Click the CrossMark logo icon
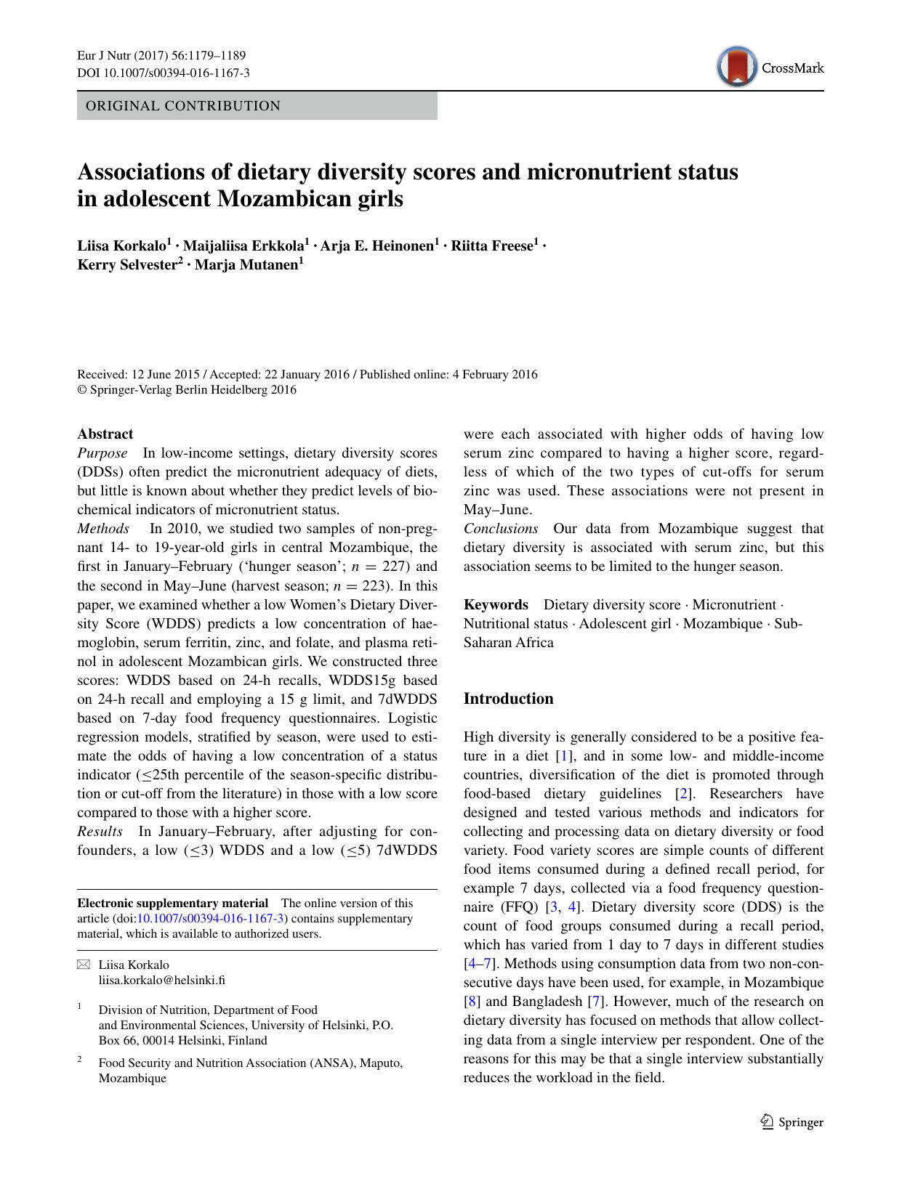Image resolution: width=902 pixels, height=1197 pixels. [x=736, y=67]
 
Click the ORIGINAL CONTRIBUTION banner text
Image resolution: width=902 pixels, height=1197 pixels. [x=183, y=106]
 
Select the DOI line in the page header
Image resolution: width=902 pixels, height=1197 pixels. [x=164, y=73]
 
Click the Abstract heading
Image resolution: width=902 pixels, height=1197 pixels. [x=105, y=434]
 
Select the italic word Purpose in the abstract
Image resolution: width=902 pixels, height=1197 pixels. [x=102, y=453]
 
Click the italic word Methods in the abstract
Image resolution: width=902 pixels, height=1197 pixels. [x=103, y=529]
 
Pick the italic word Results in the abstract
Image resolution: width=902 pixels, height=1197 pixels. [x=100, y=831]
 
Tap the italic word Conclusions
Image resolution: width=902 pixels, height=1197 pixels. [x=501, y=529]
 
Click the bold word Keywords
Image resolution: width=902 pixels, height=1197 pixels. [x=496, y=605]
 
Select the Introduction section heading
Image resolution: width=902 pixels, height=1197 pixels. [x=508, y=699]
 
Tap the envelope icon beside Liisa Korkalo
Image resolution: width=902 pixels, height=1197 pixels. [x=84, y=965]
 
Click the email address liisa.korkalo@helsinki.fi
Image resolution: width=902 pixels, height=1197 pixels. [x=161, y=980]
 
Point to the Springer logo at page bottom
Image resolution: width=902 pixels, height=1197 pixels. [x=792, y=1122]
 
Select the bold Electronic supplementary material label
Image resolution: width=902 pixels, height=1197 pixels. [x=173, y=904]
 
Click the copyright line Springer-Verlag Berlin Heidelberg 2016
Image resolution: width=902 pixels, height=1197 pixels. [x=187, y=390]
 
